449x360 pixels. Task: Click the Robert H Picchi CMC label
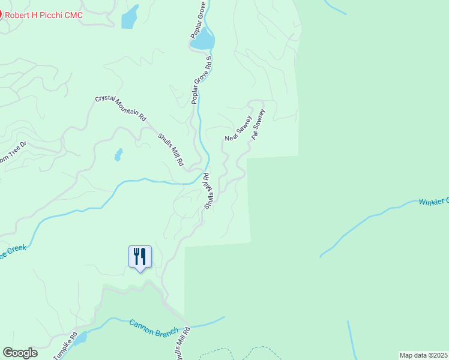click(x=44, y=13)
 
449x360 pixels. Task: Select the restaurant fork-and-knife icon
click(x=140, y=257)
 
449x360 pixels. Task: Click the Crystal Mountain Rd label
click(x=121, y=108)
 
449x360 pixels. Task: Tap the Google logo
click(x=20, y=353)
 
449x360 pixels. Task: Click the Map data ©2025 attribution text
click(x=423, y=355)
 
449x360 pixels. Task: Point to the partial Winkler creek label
click(x=433, y=201)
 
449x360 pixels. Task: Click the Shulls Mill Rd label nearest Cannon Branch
click(x=182, y=344)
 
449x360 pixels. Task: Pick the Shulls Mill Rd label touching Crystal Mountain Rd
click(x=170, y=149)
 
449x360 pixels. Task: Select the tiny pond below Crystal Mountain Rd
click(x=118, y=155)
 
